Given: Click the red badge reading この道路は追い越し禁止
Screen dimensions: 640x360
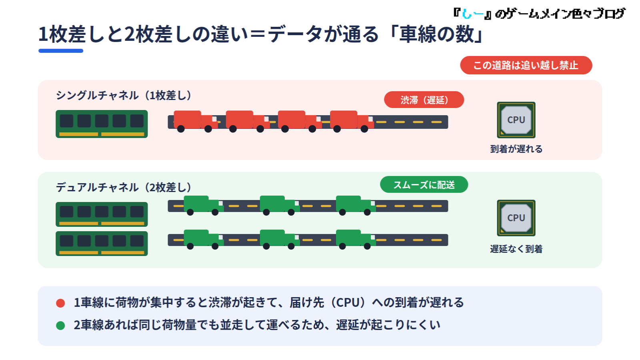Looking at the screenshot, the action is point(526,65).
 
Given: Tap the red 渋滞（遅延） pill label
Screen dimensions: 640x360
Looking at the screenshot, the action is point(424,100).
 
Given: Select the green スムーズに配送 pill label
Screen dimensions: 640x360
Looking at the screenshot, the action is point(424,184).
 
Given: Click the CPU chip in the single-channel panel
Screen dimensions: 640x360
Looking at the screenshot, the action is point(516,120).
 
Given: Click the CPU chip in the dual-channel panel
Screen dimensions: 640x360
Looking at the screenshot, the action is point(516,218).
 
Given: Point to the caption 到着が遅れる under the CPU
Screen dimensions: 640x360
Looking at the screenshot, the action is point(516,149).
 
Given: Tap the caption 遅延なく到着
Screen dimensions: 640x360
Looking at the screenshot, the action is point(516,249).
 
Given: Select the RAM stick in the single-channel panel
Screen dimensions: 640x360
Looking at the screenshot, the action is point(102,124).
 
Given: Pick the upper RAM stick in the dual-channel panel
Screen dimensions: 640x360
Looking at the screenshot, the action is point(102,214).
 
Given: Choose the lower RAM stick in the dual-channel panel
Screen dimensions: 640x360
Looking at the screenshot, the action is point(102,244).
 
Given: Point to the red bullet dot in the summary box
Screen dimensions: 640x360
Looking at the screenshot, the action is point(60,303).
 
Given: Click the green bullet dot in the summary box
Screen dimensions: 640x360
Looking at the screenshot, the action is point(60,326).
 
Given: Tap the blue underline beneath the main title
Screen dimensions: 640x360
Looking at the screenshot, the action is point(61,51).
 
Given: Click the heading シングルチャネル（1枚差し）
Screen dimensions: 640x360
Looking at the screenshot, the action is point(124,96).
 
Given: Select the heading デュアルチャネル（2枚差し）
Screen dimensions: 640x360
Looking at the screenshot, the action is point(124,188).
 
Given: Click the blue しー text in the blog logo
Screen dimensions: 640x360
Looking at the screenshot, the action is point(473,14).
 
